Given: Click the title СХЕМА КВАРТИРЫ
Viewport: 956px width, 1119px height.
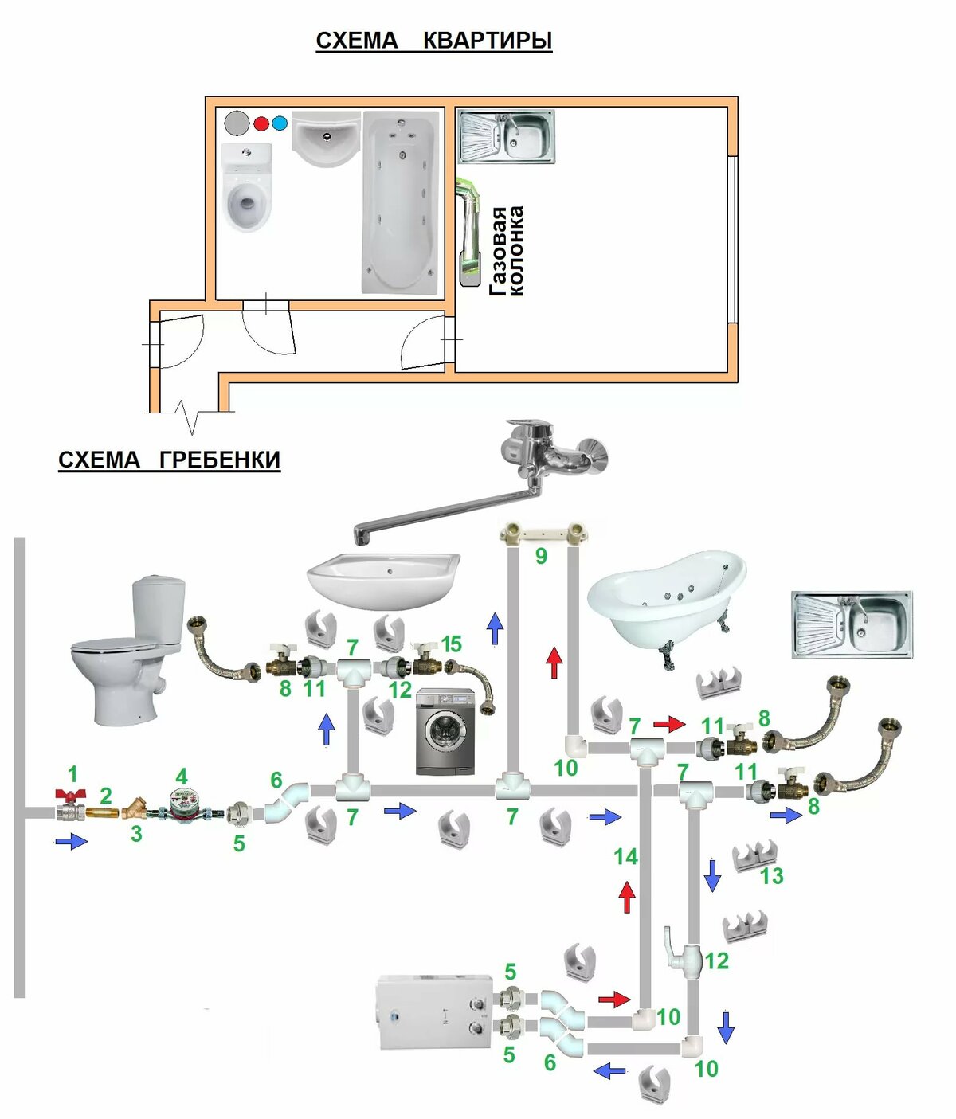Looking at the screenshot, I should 433,40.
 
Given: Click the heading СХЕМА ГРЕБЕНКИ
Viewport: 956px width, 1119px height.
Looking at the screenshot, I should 169,460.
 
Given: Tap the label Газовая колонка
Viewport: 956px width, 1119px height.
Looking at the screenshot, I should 507,251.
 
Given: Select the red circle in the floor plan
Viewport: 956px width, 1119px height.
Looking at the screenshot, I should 261,123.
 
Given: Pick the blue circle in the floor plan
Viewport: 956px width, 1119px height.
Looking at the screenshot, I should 279,123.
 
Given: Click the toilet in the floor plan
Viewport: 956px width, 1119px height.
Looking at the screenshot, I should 246,188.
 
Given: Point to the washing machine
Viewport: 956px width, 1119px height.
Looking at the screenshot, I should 445,732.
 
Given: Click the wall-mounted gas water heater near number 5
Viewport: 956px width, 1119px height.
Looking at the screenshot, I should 435,1012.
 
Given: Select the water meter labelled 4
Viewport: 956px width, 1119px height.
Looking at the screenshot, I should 185,806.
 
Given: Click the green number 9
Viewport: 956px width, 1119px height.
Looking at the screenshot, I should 541,556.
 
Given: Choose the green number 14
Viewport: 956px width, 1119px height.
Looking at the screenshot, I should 625,856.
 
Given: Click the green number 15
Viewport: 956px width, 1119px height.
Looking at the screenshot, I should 451,644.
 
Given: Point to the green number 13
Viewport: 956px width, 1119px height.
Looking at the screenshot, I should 771,876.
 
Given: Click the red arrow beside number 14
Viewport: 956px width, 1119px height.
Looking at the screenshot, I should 627,897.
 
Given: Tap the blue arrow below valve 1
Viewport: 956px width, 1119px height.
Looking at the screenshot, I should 72,841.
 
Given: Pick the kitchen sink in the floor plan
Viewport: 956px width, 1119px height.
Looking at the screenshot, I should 506,136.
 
